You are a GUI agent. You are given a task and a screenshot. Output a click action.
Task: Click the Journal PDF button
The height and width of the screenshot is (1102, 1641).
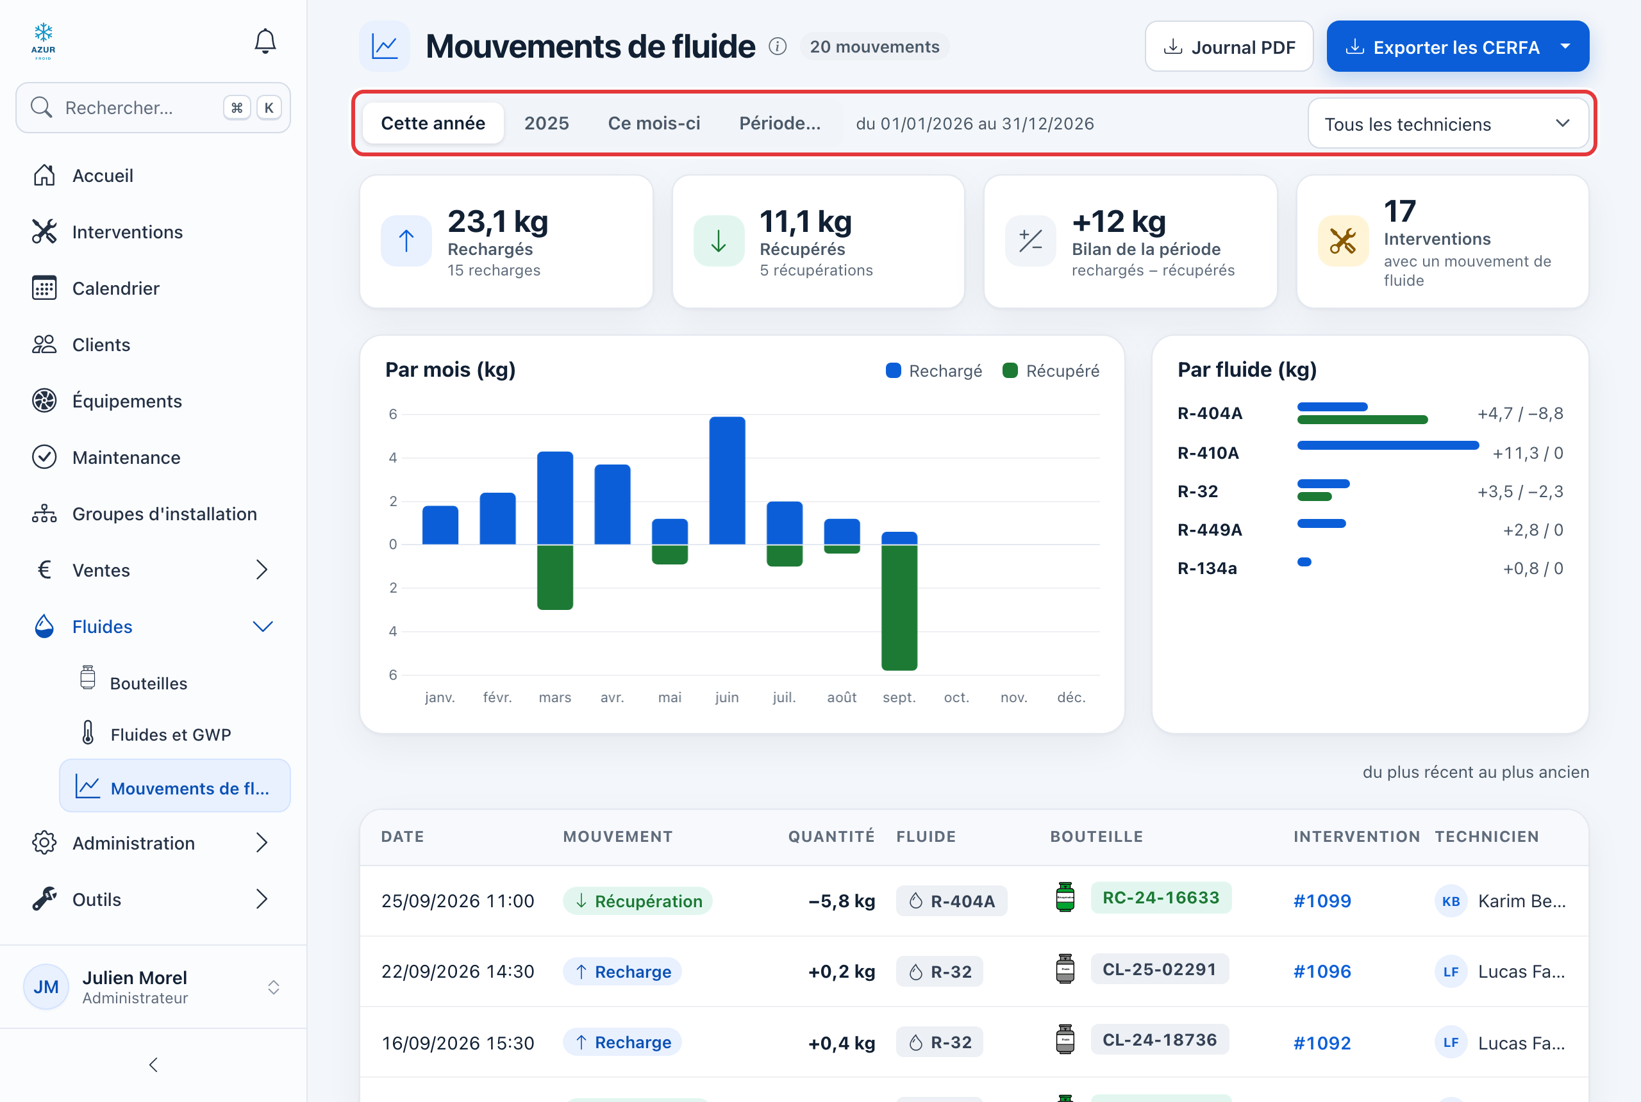coord(1228,46)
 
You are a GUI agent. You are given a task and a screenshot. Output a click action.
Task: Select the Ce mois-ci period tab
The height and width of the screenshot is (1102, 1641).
coord(654,124)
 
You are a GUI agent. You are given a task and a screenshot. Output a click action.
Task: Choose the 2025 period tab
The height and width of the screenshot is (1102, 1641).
coord(546,124)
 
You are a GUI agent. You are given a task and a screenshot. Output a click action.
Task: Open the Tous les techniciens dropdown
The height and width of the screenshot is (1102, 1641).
coord(1447,124)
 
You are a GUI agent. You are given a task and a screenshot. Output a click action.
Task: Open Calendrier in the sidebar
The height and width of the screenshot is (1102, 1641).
coord(115,288)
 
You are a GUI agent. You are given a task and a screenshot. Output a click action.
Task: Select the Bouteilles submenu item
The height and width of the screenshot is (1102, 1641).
coord(148,683)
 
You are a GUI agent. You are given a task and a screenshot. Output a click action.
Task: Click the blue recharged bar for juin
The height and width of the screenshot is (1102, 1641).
coord(727,481)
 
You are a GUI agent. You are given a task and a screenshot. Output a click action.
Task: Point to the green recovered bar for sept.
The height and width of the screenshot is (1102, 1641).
coord(899,607)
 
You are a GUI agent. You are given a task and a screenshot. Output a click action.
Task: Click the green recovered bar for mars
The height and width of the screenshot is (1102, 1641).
coord(554,577)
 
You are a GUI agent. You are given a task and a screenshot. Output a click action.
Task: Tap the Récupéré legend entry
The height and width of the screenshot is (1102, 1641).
coord(1051,370)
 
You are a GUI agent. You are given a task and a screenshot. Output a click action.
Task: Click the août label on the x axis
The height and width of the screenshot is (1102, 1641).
coord(842,697)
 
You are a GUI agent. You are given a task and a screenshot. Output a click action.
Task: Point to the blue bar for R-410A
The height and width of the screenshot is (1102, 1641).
coord(1388,445)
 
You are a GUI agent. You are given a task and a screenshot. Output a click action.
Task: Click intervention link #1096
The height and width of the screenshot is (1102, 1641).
coord(1322,971)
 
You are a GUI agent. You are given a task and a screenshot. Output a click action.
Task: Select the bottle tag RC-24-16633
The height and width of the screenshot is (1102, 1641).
coord(1161,898)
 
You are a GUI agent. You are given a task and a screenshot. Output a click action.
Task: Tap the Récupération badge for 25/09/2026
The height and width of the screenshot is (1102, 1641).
coord(637,901)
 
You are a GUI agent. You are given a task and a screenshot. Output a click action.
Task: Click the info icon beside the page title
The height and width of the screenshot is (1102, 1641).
coord(777,46)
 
